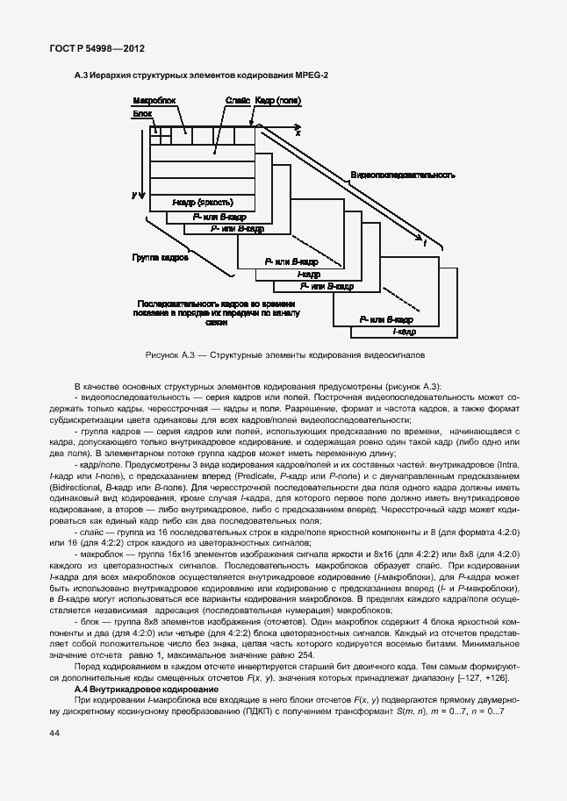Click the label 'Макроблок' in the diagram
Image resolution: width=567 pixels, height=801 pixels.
pos(154,102)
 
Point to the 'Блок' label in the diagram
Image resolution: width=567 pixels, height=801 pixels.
pos(142,114)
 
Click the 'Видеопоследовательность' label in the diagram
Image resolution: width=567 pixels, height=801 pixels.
pos(403,175)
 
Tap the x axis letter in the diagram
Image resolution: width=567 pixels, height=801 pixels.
pos(298,132)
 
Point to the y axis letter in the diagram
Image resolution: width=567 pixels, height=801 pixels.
pos(133,193)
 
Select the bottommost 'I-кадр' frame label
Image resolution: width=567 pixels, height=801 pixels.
pos(404,333)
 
